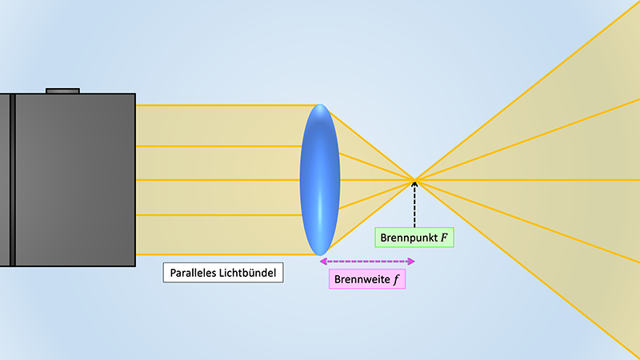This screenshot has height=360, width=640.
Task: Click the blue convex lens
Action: coord(320,180)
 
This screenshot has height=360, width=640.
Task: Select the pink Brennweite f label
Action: coord(367,279)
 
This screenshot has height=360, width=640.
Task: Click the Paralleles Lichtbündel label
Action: coord(225,273)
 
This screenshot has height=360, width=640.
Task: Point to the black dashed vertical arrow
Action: coord(414,206)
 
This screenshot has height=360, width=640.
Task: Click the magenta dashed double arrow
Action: coord(367,261)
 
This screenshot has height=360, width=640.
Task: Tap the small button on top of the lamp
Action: coord(62,90)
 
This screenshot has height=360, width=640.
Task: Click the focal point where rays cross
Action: coord(414,179)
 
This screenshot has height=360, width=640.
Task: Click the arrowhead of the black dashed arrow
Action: coord(414,185)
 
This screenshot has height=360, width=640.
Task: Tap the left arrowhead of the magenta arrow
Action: coord(322,261)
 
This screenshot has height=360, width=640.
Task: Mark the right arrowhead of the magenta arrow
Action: coord(412,261)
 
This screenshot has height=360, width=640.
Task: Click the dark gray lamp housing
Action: coord(76,180)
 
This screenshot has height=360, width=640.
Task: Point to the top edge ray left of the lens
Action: coord(224,105)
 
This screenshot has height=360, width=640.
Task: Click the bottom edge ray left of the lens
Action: coord(224,254)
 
